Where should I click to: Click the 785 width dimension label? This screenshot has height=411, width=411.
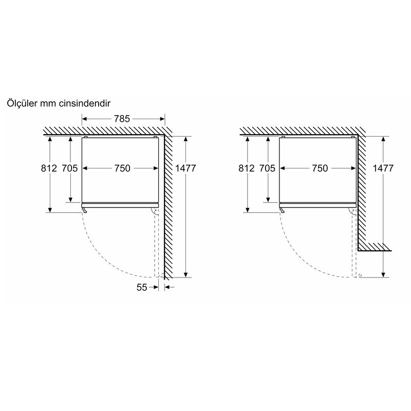(122, 119)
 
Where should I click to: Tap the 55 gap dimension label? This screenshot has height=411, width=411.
(142, 287)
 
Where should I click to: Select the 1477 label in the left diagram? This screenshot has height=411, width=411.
(185, 168)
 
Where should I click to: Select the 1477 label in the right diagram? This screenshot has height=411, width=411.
(383, 168)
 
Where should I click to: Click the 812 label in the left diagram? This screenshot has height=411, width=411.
(49, 168)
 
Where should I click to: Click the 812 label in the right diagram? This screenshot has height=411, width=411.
(247, 168)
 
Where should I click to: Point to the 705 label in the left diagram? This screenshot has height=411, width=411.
(70, 168)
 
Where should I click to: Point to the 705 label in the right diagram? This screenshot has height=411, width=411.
(267, 168)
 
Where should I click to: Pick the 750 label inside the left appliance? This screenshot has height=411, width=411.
(122, 168)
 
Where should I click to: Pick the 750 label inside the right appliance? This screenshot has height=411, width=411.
(320, 168)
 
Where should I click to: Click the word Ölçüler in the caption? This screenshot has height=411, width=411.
(22, 103)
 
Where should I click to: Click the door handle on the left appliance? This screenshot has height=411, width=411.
(84, 210)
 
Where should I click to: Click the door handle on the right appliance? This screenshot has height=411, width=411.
(282, 210)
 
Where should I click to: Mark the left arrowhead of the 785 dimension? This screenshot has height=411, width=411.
(84, 119)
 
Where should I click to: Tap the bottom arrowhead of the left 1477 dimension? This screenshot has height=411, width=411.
(186, 275)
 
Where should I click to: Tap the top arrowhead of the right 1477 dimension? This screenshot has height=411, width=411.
(383, 139)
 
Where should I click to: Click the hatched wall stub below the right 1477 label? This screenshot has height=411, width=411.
(375, 247)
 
